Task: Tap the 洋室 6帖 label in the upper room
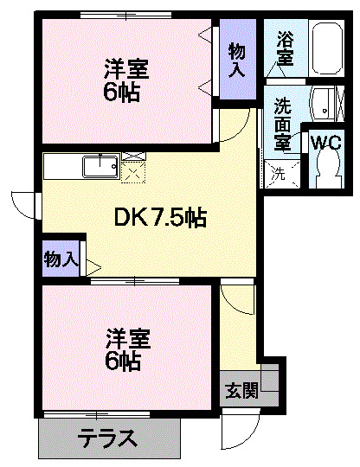pyautogui.click(x=122, y=79)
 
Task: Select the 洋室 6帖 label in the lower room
pyautogui.click(x=123, y=346)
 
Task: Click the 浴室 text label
pyautogui.click(x=285, y=48)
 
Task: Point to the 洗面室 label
pyautogui.click(x=282, y=120)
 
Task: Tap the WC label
pyautogui.click(x=325, y=143)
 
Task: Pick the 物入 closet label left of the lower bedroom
pyautogui.click(x=61, y=257)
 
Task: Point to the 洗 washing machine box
pyautogui.click(x=280, y=171)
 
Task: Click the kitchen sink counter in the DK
pyautogui.click(x=83, y=164)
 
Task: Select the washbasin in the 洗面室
pyautogui.click(x=324, y=104)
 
